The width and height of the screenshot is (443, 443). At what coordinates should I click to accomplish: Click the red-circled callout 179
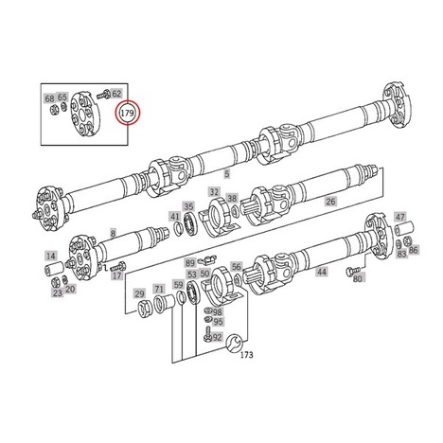[128, 113]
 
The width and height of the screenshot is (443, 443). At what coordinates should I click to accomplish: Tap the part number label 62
[116, 94]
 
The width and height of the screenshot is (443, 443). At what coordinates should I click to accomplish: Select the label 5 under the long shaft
[227, 173]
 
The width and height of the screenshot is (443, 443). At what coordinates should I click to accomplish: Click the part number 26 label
[330, 202]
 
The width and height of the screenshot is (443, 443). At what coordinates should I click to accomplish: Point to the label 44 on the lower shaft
[322, 272]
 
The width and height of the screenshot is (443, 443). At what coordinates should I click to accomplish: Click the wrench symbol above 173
[235, 342]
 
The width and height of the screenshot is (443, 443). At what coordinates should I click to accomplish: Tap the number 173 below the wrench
[247, 355]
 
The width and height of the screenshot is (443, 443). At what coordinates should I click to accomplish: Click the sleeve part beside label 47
[405, 228]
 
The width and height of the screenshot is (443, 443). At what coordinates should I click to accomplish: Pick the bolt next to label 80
[354, 271]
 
